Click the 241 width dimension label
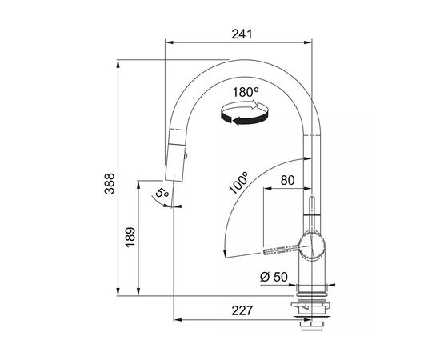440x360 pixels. (242, 34)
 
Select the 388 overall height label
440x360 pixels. (110, 183)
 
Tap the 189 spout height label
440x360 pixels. (130, 237)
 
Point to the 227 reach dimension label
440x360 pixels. (242, 310)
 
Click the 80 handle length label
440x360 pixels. (287, 181)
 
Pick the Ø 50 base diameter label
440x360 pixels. (274, 277)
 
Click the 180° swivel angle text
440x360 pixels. (246, 92)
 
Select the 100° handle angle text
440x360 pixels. (238, 182)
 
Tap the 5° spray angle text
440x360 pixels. (162, 193)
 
